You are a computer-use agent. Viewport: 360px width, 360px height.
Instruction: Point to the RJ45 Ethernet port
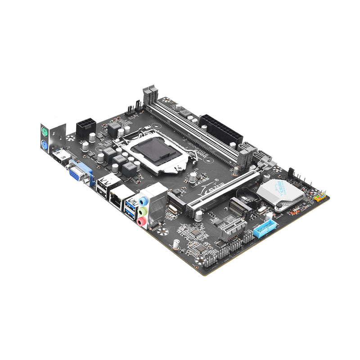(118, 198)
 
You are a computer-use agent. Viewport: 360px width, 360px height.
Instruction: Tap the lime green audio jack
(142, 211)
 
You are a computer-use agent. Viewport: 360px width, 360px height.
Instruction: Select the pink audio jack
(141, 221)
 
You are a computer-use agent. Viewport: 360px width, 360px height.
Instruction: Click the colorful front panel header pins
(319, 197)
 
